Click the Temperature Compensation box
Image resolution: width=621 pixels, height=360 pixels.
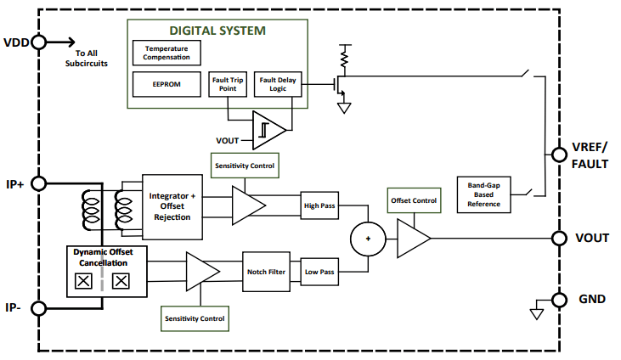click(167, 53)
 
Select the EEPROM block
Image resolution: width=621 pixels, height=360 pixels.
click(167, 84)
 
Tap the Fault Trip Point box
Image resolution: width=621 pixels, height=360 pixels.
click(227, 84)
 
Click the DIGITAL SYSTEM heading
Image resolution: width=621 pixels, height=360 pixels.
click(217, 31)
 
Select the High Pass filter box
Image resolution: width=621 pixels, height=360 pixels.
click(319, 205)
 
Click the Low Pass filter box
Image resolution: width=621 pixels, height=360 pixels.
click(319, 272)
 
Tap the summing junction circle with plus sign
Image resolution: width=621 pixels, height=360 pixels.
click(368, 239)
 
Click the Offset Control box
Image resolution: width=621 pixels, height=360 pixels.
click(414, 200)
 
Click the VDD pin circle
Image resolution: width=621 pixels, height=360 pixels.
click(38, 42)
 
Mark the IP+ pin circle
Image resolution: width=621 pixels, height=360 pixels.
click(38, 183)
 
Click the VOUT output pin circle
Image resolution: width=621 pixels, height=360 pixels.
click(559, 238)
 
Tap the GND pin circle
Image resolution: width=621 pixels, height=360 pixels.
click(559, 299)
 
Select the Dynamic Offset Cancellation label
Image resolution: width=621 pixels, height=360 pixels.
click(109, 257)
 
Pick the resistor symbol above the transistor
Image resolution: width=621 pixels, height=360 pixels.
click(344, 57)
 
